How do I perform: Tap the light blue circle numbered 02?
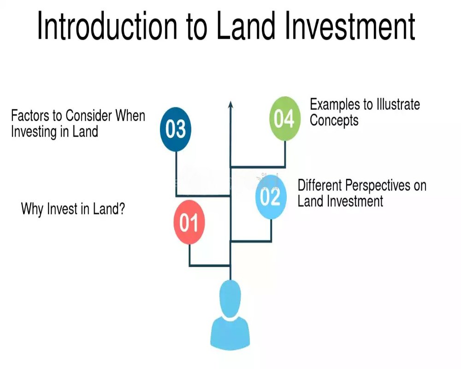coord(271,197)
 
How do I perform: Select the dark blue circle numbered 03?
coord(176,129)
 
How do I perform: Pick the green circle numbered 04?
coord(284,119)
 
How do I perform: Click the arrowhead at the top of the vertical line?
coord(230,104)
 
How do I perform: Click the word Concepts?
coord(334,120)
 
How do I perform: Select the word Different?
coord(320,185)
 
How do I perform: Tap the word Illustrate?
coord(397,104)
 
